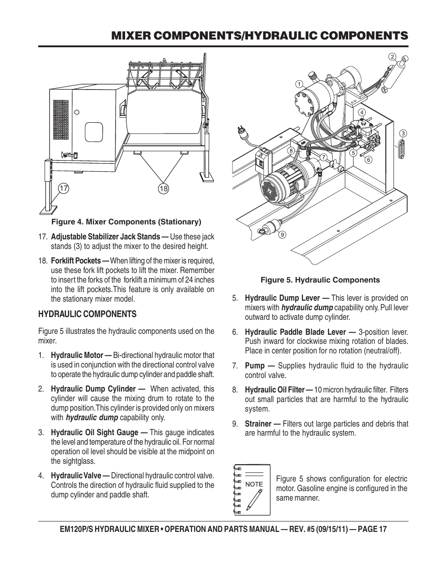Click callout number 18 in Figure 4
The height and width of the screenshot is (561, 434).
[x=163, y=189]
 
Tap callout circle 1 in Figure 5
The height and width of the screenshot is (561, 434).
[x=299, y=84]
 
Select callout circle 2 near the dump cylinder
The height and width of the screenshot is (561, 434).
[x=392, y=57]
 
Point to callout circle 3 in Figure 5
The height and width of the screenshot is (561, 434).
[x=403, y=134]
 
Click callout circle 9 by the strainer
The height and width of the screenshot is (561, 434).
[x=282, y=234]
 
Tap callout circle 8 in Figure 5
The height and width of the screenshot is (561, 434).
[x=290, y=150]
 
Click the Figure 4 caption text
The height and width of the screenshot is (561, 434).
[x=126, y=222]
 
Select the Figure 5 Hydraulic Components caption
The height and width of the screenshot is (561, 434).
[x=320, y=280]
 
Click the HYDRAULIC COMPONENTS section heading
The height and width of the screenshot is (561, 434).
[x=87, y=314]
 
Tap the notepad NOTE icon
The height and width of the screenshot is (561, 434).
[x=252, y=490]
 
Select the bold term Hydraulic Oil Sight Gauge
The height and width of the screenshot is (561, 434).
[x=99, y=432]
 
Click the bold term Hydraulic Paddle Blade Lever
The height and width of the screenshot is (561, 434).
[x=299, y=332]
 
